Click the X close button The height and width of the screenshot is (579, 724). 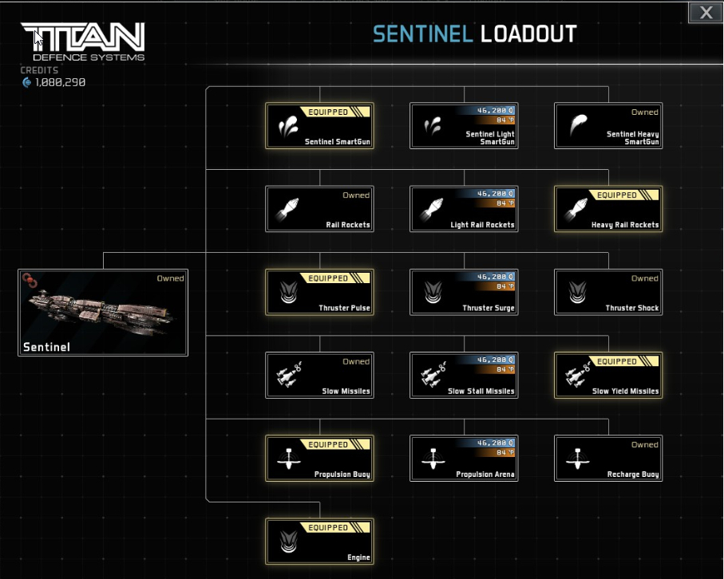(x=706, y=12)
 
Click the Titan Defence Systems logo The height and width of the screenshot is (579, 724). (x=82, y=41)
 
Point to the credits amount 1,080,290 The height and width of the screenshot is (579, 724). (x=60, y=82)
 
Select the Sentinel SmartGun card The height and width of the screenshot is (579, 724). (x=319, y=126)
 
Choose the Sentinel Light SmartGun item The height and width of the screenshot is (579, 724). (x=464, y=126)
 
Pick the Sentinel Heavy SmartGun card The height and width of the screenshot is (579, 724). (x=608, y=126)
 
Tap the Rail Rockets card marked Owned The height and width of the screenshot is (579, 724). (x=319, y=209)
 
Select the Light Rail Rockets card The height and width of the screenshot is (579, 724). (x=464, y=209)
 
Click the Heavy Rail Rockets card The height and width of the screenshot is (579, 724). (x=608, y=209)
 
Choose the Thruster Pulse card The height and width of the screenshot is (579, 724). (x=319, y=292)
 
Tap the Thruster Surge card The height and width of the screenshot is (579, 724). (x=464, y=292)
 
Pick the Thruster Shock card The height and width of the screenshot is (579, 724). (x=608, y=292)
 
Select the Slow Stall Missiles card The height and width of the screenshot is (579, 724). (x=464, y=375)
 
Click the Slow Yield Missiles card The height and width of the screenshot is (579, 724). (x=608, y=375)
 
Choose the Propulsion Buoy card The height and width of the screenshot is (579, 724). (x=319, y=458)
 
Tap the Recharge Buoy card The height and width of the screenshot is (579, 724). (x=608, y=458)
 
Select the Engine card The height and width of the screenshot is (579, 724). (x=319, y=541)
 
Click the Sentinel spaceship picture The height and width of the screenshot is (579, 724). (x=102, y=311)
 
